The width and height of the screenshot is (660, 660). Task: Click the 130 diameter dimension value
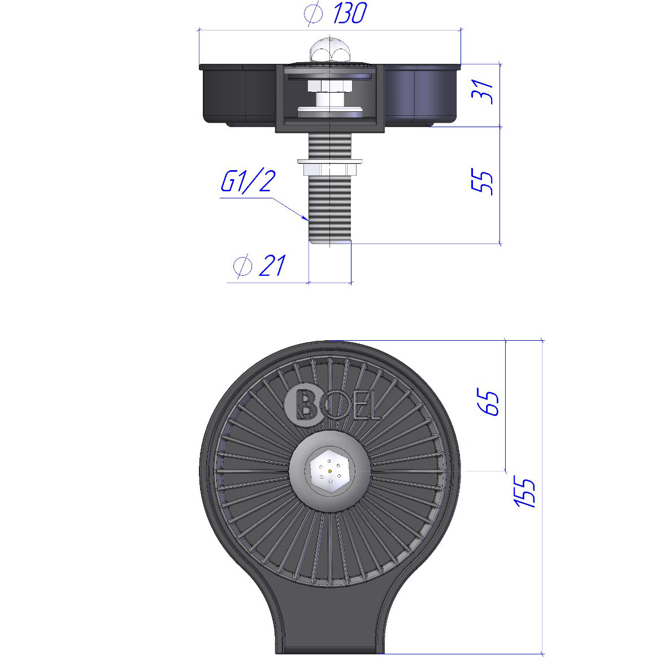coord(350,13)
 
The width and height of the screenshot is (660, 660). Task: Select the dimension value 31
coord(483,92)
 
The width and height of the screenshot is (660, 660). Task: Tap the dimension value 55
coord(483,182)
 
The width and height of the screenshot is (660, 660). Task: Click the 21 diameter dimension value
coord(272,266)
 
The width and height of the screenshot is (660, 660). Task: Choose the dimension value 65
coord(488,402)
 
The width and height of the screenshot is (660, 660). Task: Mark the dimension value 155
coord(525,492)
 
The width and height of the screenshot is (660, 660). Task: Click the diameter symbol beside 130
coord(313,14)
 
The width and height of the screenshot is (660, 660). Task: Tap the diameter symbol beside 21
coord(242,266)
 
